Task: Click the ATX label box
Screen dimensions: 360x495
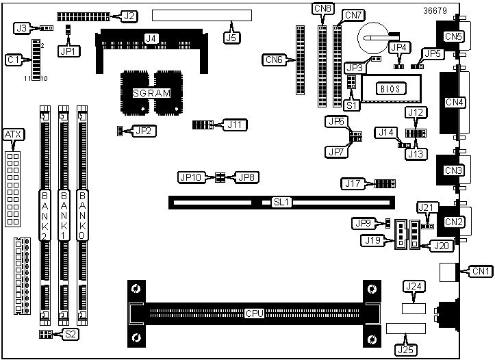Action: pyautogui.click(x=13, y=135)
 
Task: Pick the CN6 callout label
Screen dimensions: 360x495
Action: pyautogui.click(x=273, y=60)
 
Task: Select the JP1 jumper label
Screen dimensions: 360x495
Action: pyautogui.click(x=69, y=51)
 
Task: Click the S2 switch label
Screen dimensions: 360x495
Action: pyautogui.click(x=70, y=334)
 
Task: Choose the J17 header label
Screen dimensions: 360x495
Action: pyautogui.click(x=352, y=183)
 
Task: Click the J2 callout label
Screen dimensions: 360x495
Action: pyautogui.click(x=129, y=15)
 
